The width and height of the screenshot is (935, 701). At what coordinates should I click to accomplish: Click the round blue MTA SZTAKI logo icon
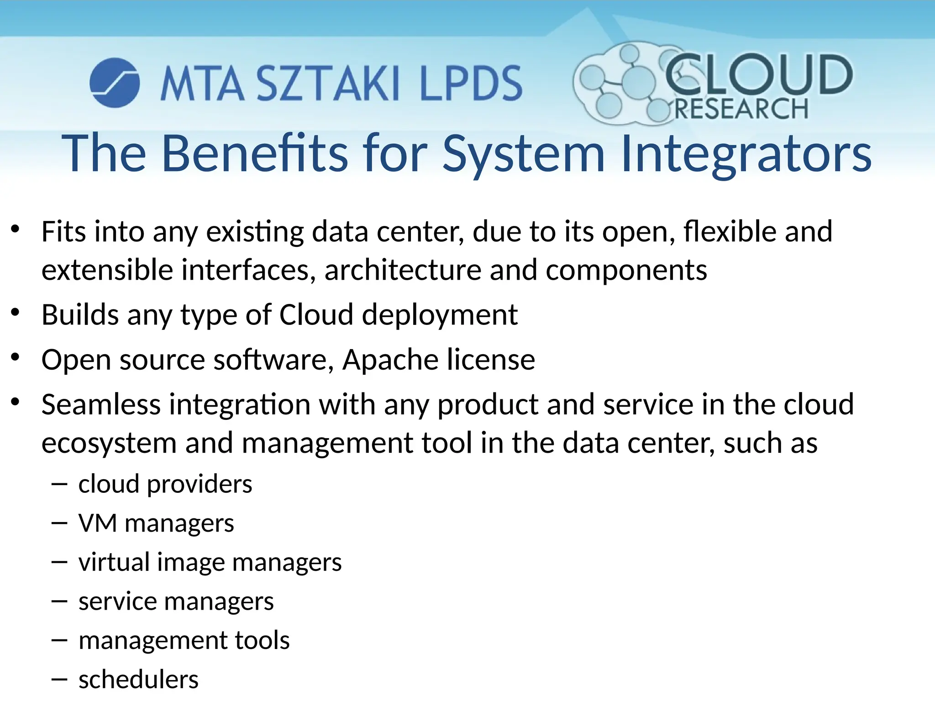tap(115, 83)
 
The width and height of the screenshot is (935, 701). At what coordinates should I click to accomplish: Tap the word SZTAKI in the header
tap(328, 83)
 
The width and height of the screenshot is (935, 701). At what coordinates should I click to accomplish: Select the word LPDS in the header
tap(471, 83)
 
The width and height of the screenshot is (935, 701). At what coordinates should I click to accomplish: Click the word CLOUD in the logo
tap(758, 74)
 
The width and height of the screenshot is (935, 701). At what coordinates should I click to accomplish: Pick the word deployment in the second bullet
tap(440, 315)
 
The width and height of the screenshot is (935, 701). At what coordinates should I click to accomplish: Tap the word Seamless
tap(101, 404)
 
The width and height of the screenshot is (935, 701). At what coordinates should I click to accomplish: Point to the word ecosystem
tap(109, 444)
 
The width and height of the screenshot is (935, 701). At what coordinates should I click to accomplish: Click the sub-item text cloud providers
tap(165, 484)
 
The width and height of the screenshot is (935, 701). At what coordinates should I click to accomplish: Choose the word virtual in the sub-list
tap(114, 562)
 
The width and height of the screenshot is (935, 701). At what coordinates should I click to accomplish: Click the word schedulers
tap(138, 680)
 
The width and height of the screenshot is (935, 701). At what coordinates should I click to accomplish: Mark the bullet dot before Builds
tap(16, 312)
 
